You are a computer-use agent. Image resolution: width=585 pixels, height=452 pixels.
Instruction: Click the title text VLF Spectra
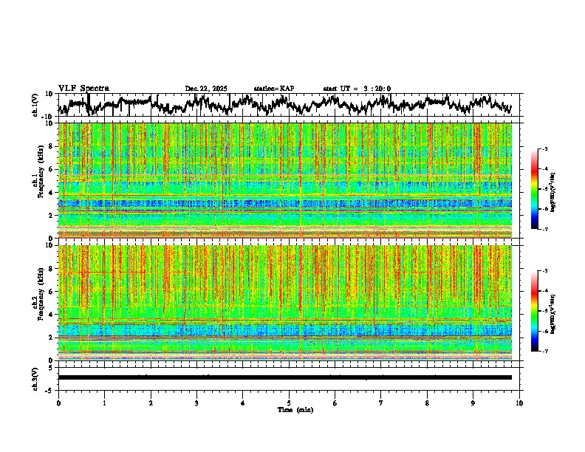[83, 88]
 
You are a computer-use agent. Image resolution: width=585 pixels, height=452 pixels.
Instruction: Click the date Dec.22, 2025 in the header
[206, 89]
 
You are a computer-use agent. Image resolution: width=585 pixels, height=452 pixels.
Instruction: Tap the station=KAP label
[273, 89]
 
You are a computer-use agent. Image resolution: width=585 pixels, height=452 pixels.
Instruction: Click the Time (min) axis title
[295, 409]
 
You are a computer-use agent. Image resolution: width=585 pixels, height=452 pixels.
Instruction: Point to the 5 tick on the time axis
[289, 403]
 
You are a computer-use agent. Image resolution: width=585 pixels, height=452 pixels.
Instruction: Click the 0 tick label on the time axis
[58, 403]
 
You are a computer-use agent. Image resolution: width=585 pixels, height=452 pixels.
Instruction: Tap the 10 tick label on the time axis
[519, 403]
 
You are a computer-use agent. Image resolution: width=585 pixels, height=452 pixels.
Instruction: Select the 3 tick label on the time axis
[196, 403]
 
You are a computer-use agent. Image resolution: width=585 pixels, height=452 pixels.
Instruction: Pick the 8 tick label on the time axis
[427, 403]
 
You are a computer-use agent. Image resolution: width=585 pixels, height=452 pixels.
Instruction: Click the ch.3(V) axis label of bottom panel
[35, 377]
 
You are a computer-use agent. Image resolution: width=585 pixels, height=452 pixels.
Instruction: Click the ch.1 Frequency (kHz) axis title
[38, 180]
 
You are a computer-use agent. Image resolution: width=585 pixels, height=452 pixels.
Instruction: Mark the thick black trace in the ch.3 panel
[285, 377]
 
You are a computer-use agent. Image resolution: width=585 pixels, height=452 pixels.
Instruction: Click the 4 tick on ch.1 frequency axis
[51, 192]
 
